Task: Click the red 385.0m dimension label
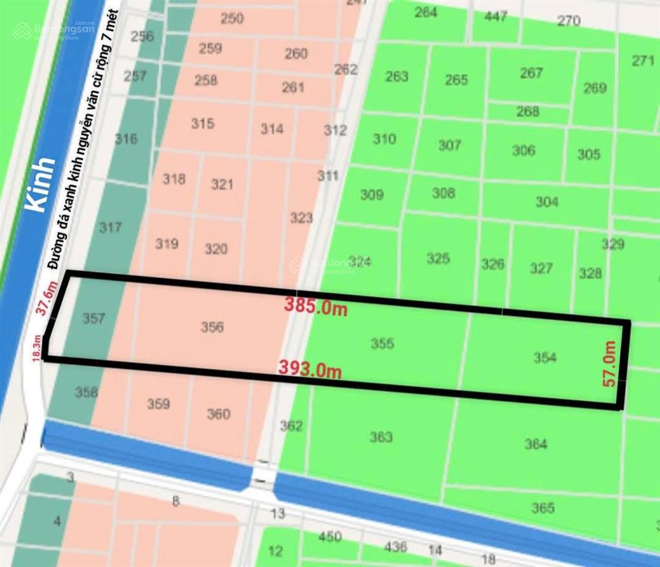(x=316, y=306)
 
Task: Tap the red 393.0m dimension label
(x=310, y=369)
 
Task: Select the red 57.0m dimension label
(x=610, y=364)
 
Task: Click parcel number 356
(x=212, y=327)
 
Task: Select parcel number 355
(x=382, y=344)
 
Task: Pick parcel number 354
(x=545, y=357)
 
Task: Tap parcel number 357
(x=94, y=318)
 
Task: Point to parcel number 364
(x=536, y=444)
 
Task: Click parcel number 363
(x=381, y=437)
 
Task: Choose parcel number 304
(x=547, y=202)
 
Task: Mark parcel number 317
(x=110, y=227)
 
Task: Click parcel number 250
(x=232, y=18)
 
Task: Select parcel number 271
(x=643, y=61)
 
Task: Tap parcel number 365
(x=543, y=508)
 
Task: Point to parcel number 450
(x=330, y=537)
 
